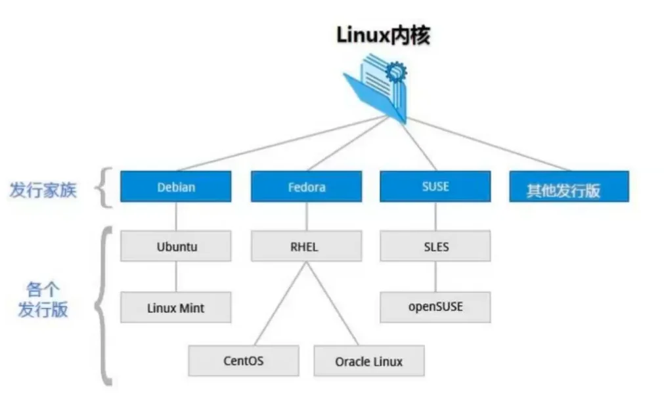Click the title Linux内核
(x=383, y=35)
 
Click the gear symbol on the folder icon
(x=396, y=72)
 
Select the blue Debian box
(x=175, y=186)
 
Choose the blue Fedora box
(x=306, y=186)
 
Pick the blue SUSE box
(x=435, y=186)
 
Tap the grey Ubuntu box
(x=176, y=247)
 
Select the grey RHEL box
(x=306, y=247)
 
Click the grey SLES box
(x=435, y=247)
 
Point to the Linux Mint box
(x=176, y=307)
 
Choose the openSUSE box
(x=435, y=306)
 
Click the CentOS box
(x=243, y=361)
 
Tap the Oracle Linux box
(x=368, y=361)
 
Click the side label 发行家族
(x=43, y=190)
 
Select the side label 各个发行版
(x=43, y=299)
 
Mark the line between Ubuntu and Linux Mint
(x=175, y=277)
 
